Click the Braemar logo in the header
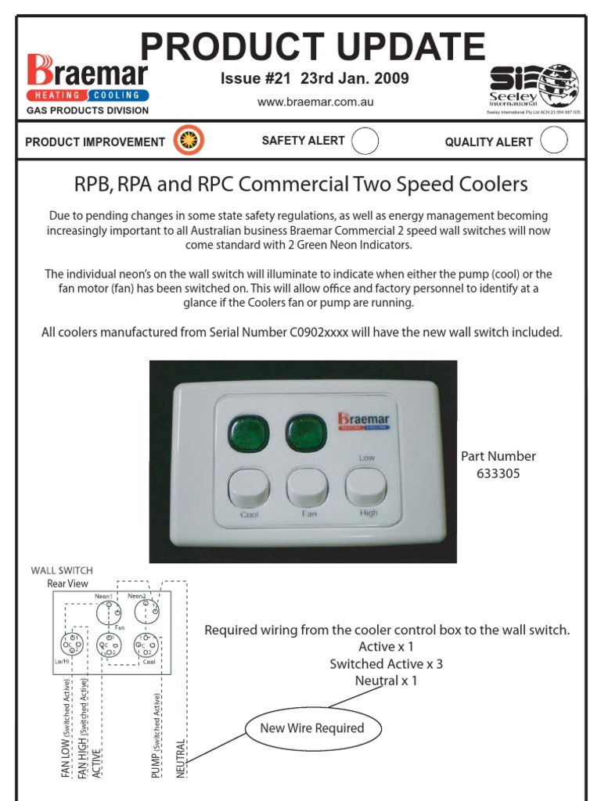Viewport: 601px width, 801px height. tap(88, 81)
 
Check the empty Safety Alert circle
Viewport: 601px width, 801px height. tap(365, 141)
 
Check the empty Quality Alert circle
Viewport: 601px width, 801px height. tap(554, 141)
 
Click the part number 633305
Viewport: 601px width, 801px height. tap(498, 474)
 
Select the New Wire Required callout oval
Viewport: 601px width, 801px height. tap(312, 728)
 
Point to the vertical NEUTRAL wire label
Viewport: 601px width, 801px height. tap(181, 757)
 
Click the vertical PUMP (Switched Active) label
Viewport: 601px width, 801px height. tap(157, 735)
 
